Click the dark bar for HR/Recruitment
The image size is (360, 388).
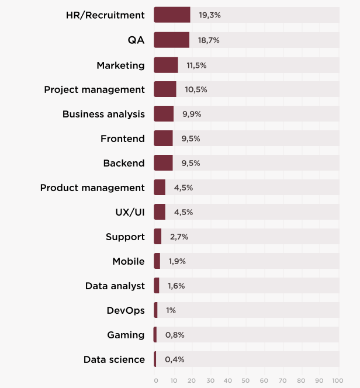click(x=172, y=15)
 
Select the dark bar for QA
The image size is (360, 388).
click(x=171, y=40)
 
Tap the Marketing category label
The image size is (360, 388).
click(x=120, y=65)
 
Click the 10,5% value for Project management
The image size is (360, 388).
click(x=196, y=89)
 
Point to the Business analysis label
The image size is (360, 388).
click(x=103, y=114)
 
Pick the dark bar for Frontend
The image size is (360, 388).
click(x=163, y=138)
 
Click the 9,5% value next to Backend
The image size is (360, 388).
click(x=191, y=163)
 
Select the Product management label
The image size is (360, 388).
click(x=92, y=188)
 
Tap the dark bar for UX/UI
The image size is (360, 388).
click(x=160, y=212)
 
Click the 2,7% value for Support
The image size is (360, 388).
click(x=179, y=237)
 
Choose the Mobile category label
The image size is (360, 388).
click(x=129, y=261)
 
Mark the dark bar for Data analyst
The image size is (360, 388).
click(x=157, y=286)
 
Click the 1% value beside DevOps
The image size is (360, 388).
click(x=171, y=310)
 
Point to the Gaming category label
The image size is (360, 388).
click(x=126, y=335)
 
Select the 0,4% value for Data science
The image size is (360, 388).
click(x=174, y=359)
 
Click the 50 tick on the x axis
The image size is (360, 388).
click(x=245, y=380)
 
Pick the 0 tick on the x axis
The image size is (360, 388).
click(x=156, y=380)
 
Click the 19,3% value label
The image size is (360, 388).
click(x=209, y=15)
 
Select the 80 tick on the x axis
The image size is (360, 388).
click(x=300, y=380)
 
